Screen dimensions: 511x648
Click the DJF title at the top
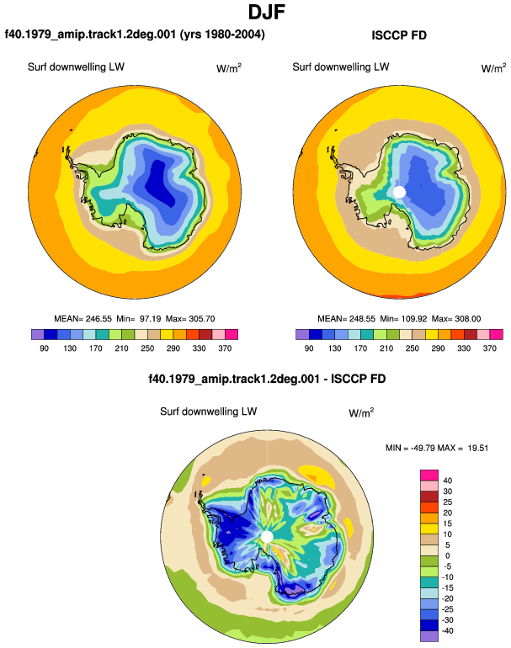tap(267, 12)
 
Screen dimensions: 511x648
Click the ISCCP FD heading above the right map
tap(399, 35)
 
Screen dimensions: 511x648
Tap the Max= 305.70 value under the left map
tap(190, 319)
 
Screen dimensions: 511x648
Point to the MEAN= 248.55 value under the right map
tap(347, 319)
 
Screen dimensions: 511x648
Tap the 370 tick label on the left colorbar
tap(225, 348)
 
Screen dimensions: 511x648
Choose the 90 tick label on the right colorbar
tap(309, 348)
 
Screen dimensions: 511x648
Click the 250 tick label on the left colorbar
tap(147, 348)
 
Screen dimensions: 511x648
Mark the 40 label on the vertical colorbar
tap(448, 481)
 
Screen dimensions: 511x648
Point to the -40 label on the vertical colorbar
tap(446, 631)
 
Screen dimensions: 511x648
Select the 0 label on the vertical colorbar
tap(448, 555)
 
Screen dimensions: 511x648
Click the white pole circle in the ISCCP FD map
tap(399, 192)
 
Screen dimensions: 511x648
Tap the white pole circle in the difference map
tap(267, 537)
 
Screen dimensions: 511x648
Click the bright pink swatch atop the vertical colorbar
tap(429, 475)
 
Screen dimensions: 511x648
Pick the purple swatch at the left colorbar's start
tap(38, 334)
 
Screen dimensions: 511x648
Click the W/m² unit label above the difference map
tap(361, 412)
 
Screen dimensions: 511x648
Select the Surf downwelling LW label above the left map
tap(76, 67)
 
